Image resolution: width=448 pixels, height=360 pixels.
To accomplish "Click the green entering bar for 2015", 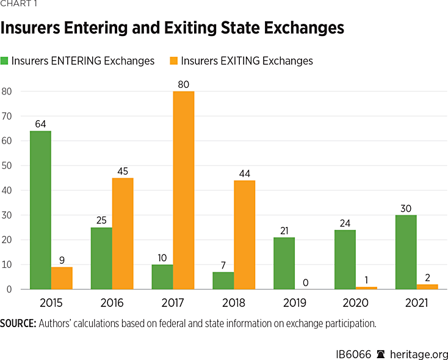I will [40, 210].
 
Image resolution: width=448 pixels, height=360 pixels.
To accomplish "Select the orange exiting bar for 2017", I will [183, 190].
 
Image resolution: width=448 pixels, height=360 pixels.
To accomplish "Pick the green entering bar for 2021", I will [406, 252].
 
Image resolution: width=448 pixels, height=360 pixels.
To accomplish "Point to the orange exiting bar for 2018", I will [244, 235].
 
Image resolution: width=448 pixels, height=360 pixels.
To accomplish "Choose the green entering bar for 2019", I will [284, 263].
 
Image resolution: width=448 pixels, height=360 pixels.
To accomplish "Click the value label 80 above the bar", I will [183, 83].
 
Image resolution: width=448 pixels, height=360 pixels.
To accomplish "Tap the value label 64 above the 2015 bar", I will [40, 123].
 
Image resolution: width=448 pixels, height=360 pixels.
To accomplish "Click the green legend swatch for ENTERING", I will [5, 61].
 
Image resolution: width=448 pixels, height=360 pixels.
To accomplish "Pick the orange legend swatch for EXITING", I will [173, 61].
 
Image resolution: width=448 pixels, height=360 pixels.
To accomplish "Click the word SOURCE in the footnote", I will [18, 323].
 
